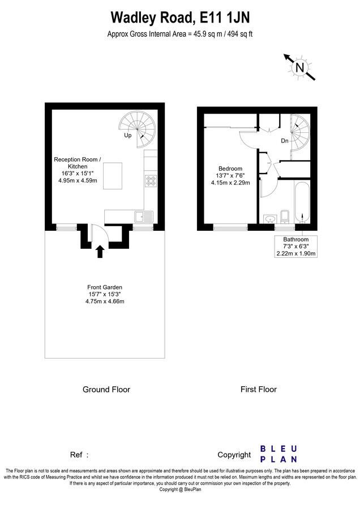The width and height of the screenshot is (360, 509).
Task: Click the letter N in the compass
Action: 300,68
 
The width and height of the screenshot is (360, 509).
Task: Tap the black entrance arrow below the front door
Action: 100,251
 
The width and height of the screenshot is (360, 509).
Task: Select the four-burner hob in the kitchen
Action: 151,181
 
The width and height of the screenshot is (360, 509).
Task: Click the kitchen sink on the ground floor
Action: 144,217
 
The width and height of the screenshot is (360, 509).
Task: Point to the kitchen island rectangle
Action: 113,176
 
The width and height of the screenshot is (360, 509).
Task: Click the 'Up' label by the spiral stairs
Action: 128,135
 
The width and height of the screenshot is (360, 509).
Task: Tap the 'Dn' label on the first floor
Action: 285,141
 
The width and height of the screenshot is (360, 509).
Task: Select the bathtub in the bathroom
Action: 303,202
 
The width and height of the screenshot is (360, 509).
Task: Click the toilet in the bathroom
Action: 284,217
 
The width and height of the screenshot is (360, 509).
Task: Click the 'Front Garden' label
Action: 105,287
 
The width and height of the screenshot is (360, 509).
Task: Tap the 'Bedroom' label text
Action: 230,169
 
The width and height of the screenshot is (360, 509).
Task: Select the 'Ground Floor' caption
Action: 106,389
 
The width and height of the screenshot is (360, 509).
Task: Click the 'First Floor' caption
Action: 259,389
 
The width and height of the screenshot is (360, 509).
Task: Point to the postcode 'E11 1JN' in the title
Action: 225,18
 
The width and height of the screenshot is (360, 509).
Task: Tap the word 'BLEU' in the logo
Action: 278,449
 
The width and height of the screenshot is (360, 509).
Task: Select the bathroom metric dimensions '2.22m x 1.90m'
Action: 296,253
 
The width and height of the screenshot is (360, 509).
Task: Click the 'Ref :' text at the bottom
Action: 79,455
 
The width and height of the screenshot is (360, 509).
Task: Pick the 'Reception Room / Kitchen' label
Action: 78,163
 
